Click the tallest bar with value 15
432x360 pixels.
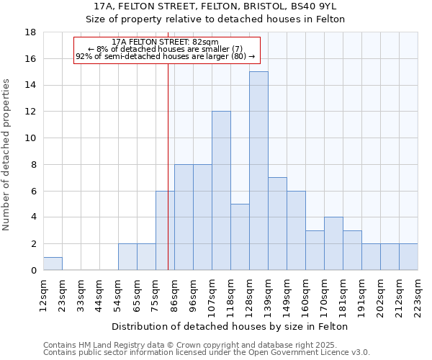click(258, 171)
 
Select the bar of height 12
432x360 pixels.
click(221, 191)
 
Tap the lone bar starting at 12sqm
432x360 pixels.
click(53, 264)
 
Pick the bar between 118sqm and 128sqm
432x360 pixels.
click(240, 237)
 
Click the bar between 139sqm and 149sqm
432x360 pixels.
click(277, 224)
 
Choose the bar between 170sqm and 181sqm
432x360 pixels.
click(333, 243)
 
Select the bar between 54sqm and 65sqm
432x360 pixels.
click(127, 257)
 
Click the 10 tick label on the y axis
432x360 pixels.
click(30, 138)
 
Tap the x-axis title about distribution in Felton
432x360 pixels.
click(230, 326)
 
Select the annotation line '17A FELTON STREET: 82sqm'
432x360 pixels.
click(166, 42)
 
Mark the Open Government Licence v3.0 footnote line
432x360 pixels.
click(206, 352)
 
